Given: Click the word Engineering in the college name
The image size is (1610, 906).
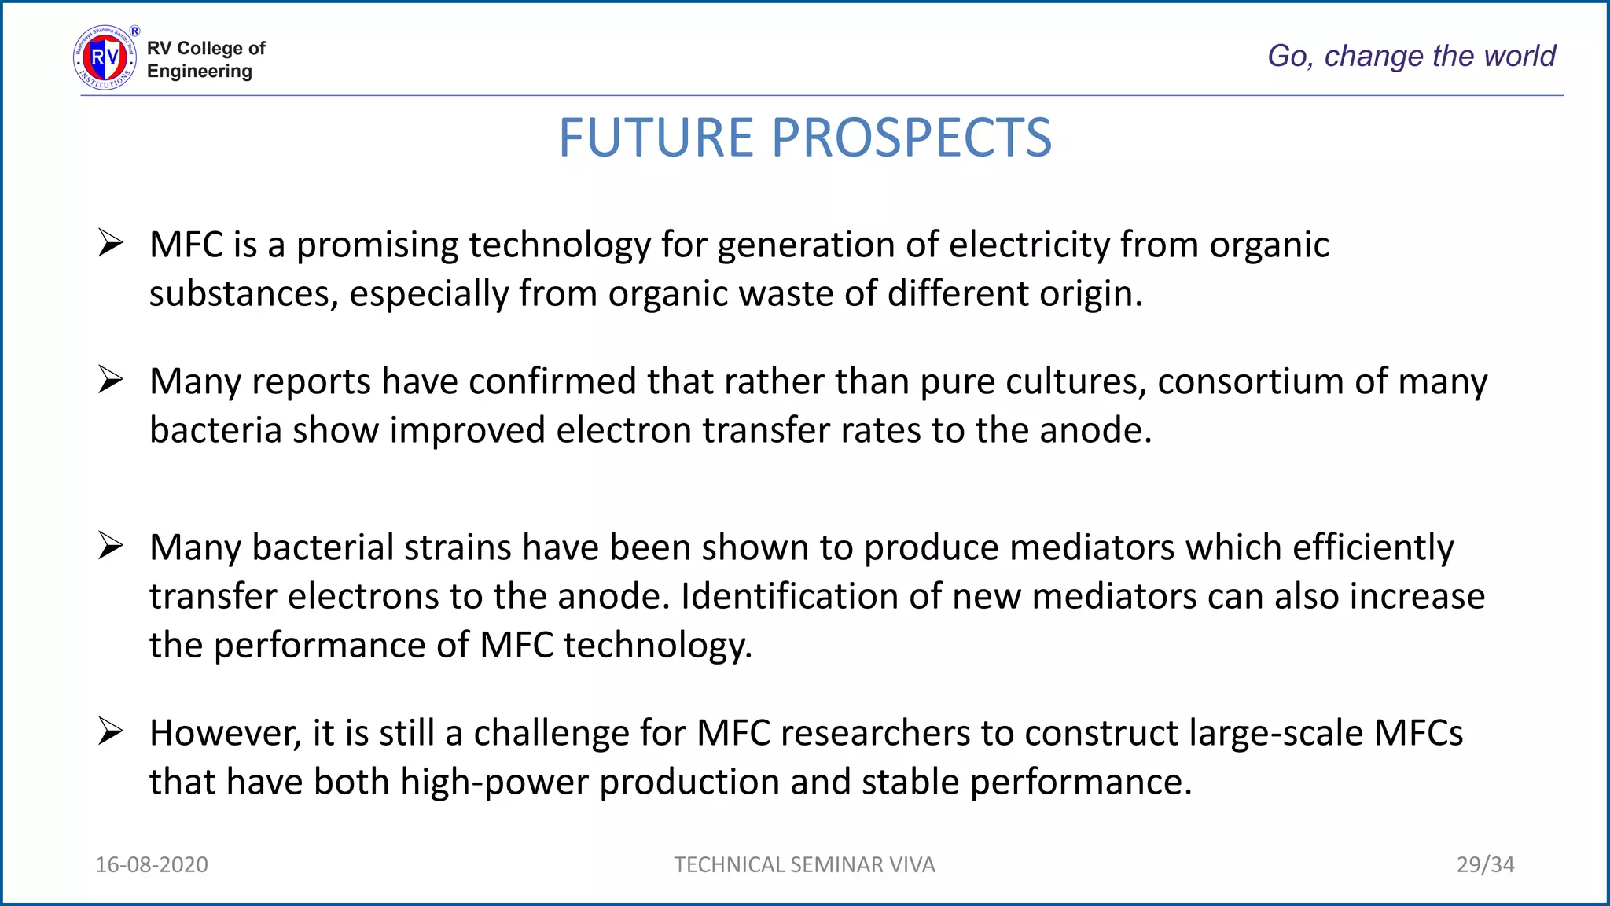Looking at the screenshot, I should coord(200,72).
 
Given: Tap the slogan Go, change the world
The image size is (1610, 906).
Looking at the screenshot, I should coord(1411,56).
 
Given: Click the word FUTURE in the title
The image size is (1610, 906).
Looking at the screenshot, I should coord(656,138).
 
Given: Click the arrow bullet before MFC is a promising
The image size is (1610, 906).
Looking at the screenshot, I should coord(111,243).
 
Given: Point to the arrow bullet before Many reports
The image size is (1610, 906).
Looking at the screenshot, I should coord(111,380).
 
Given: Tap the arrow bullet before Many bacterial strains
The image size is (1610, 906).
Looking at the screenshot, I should coord(111,546).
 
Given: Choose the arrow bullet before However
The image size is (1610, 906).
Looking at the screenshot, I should coord(111,731).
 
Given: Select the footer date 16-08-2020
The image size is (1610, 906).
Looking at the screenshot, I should coord(152,864).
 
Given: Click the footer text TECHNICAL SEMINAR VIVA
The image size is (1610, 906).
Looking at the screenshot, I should coord(804,864).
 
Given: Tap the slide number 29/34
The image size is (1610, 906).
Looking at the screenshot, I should coord(1485,864).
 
